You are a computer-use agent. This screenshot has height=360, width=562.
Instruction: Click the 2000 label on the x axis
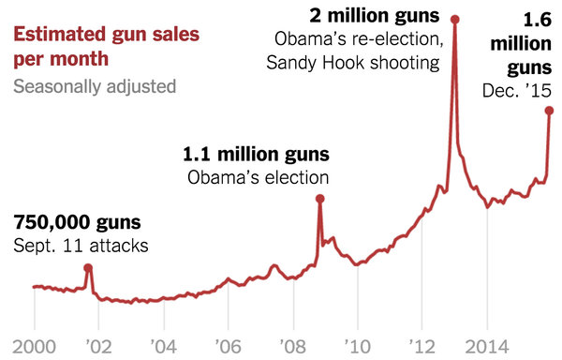tap(34, 344)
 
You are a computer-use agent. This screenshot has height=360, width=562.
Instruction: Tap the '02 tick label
tap(98, 344)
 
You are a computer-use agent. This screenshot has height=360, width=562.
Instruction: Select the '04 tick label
tap(163, 344)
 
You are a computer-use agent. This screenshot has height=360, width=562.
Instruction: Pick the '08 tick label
tap(293, 344)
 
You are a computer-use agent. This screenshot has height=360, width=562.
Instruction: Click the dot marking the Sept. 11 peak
tap(88, 267)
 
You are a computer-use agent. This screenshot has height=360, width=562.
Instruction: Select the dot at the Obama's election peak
tap(319, 198)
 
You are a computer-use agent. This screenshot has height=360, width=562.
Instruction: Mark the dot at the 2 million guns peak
tap(455, 18)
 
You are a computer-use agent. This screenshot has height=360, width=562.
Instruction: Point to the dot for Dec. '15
tap(550, 110)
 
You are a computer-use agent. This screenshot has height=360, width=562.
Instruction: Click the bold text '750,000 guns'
tap(77, 223)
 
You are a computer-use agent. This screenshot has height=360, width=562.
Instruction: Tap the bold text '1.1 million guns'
tap(255, 154)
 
